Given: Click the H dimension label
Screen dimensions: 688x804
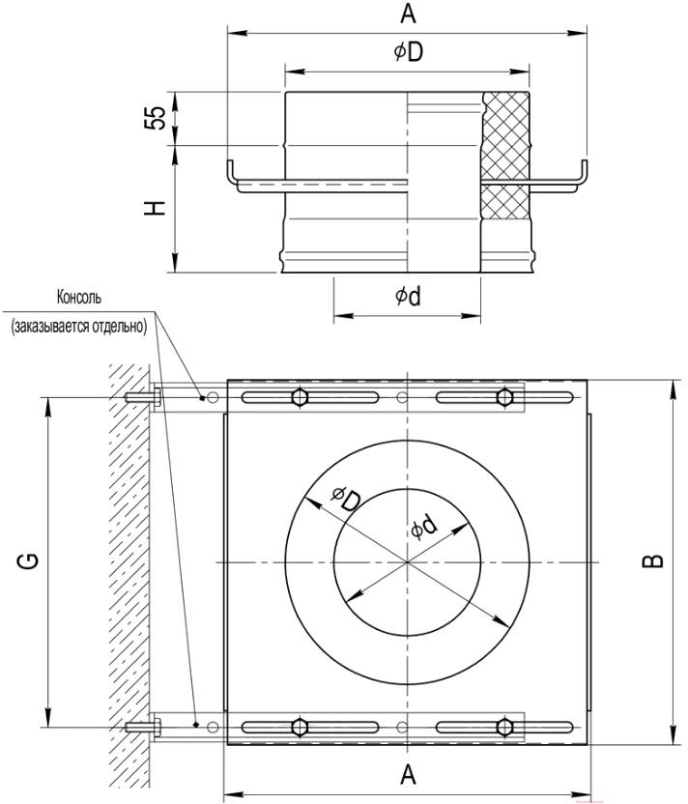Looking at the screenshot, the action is [155, 207].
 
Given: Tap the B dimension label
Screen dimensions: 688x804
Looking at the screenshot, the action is [653, 561].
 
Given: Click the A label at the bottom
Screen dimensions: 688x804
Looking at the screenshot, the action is [408, 775].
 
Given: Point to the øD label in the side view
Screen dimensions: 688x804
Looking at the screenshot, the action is [409, 51].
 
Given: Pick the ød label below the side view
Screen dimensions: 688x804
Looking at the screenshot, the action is [408, 296].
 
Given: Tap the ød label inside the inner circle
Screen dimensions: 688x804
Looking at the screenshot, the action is [424, 527].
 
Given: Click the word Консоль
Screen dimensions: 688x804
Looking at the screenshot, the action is [79, 297].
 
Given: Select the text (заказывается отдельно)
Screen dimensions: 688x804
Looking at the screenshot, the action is [78, 326].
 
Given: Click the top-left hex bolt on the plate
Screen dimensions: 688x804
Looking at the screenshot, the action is [300, 397].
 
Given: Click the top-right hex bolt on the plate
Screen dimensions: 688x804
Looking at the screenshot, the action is [505, 397].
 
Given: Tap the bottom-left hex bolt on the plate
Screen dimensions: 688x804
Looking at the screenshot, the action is [300, 727].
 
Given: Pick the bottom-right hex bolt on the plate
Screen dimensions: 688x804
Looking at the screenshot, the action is [505, 727].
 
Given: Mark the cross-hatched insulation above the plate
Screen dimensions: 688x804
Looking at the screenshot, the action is [506, 136].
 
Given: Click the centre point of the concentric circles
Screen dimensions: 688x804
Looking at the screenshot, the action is [408, 562].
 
